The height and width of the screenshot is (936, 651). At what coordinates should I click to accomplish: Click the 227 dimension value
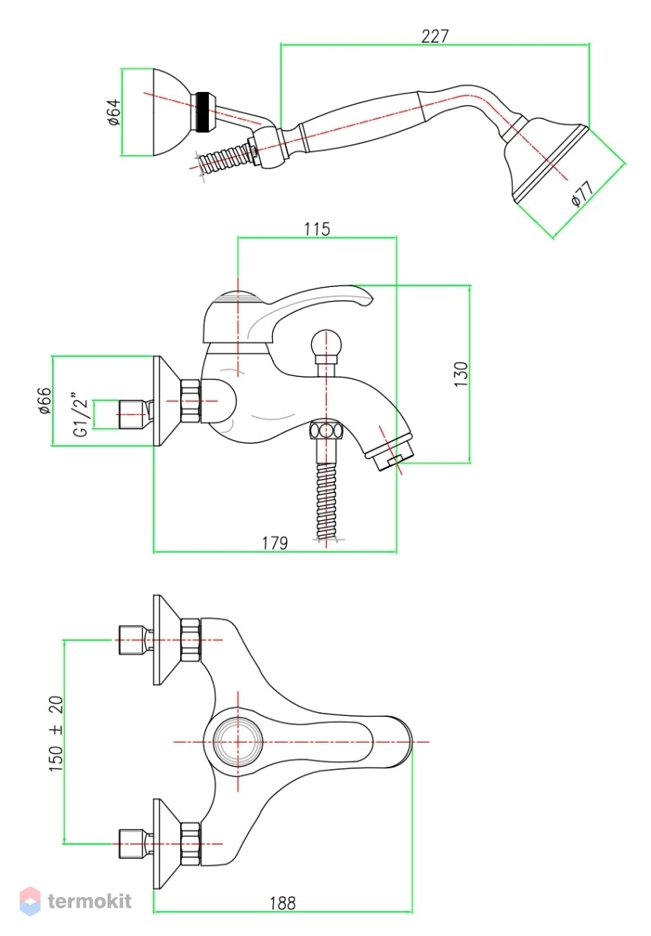click(x=434, y=37)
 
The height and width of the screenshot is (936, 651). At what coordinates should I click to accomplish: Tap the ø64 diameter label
click(x=113, y=112)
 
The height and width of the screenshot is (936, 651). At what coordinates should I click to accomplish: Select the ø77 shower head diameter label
click(x=583, y=193)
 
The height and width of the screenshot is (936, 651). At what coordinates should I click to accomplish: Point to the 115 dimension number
click(x=317, y=229)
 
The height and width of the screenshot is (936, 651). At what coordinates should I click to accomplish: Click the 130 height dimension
click(x=461, y=374)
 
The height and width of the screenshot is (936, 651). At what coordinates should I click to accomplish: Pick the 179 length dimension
click(x=274, y=543)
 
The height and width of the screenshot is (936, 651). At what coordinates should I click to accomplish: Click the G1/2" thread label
click(x=81, y=414)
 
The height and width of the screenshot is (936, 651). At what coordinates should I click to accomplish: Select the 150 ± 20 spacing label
click(x=56, y=733)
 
